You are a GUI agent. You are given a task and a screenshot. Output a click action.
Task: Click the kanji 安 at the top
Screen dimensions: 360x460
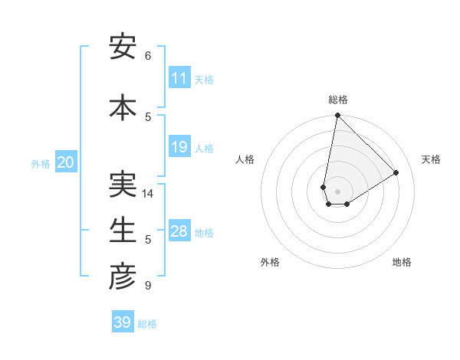pos(123,47)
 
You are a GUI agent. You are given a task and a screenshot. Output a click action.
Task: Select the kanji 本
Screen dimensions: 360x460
pos(123,106)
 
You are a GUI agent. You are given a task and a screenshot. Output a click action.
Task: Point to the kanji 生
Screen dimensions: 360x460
pos(123,230)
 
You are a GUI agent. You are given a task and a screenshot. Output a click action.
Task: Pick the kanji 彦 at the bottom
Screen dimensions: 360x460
pos(123,277)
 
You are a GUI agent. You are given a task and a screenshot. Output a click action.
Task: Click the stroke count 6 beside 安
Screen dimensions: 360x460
pos(148,56)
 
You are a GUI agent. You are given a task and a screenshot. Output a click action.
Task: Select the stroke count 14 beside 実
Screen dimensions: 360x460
pos(148,194)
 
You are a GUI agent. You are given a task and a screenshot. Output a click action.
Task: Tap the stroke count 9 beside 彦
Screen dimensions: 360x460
pos(148,286)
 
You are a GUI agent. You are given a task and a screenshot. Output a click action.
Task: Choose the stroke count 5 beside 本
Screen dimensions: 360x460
pos(148,116)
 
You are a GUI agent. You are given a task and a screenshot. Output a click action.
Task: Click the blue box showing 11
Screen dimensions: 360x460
pos(179,78)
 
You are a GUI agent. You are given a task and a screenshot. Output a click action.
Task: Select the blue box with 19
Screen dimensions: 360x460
pos(179,147)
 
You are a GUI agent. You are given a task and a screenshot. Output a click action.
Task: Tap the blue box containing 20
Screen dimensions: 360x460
pos(65,162)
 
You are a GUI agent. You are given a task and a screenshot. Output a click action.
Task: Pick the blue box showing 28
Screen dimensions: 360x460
pos(179,231)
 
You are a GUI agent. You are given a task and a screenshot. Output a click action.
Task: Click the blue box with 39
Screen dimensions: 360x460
pos(122,322)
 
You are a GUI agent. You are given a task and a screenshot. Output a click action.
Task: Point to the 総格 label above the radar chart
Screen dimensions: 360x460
pos(337,100)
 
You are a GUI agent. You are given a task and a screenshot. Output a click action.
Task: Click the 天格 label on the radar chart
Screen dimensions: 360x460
pos(431,159)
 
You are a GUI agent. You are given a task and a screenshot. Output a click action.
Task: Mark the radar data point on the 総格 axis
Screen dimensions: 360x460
pos(337,116)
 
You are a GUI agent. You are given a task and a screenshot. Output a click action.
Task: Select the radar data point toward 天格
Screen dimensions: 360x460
pos(396,172)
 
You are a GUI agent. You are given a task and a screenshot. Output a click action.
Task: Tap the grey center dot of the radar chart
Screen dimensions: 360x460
pos(337,191)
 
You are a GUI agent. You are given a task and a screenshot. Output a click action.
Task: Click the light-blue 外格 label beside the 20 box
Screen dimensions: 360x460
pos(41,163)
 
